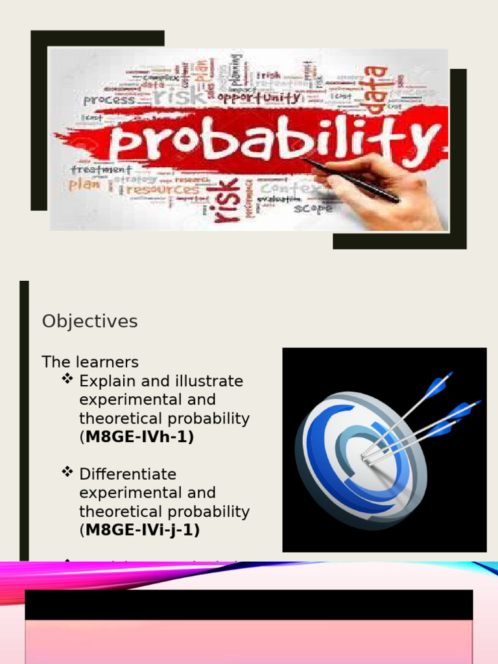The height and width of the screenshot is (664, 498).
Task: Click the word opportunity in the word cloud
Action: (x=259, y=98)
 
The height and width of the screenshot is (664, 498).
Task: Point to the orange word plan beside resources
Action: (x=84, y=185)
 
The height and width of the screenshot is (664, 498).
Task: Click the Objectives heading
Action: (x=89, y=322)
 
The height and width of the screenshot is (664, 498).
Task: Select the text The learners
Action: (x=90, y=362)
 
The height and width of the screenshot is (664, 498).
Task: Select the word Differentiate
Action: (x=128, y=474)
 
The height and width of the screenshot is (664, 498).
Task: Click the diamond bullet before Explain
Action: (x=67, y=379)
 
